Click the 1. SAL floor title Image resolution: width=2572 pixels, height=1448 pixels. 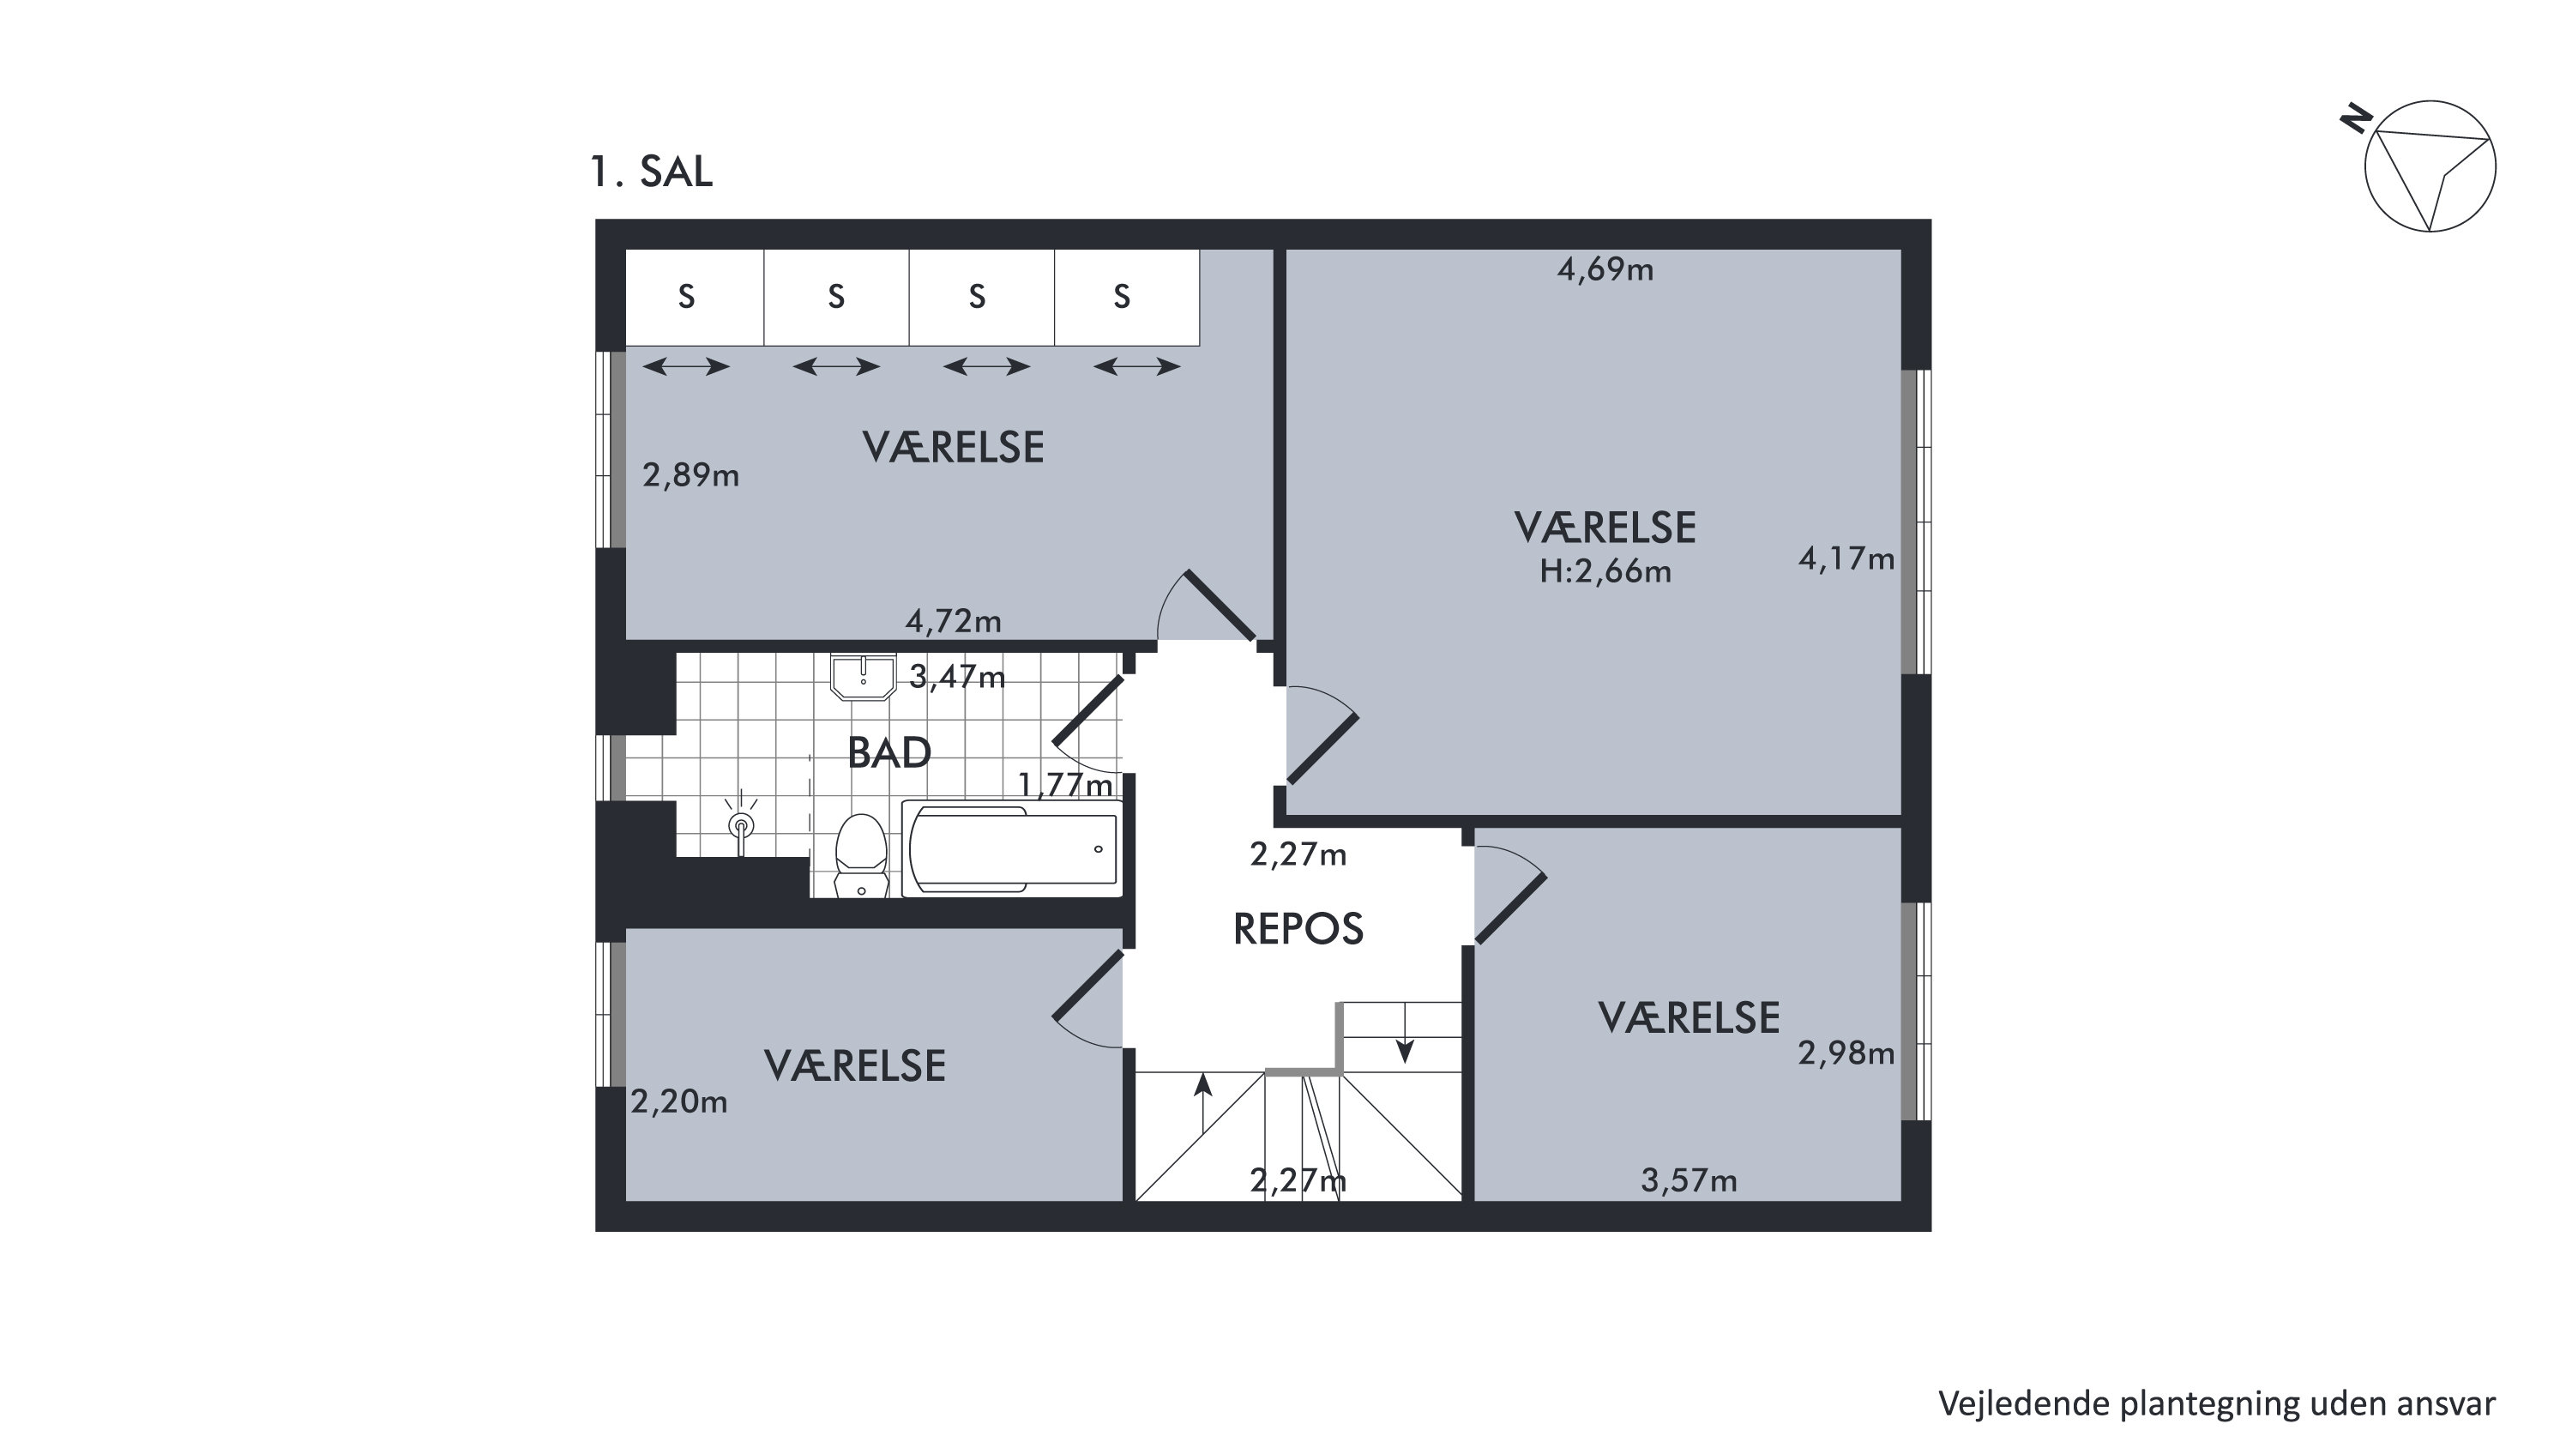(651, 172)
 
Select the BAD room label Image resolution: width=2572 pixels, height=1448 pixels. (888, 752)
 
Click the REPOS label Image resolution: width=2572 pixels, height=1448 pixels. (1298, 929)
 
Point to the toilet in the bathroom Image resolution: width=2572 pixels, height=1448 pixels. (861, 856)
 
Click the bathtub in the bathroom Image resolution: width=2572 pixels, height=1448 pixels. (1011, 849)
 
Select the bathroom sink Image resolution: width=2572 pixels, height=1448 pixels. (863, 676)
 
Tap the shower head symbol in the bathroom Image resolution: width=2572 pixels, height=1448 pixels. (741, 823)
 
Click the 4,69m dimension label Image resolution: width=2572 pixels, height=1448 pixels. (1605, 269)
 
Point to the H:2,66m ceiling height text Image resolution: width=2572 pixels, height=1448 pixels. (1605, 571)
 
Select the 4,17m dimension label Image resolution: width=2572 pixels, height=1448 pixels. (1846, 558)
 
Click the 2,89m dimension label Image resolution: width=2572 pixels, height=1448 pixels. (691, 475)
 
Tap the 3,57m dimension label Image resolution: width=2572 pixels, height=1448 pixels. (1690, 1180)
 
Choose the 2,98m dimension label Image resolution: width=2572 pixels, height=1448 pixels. (1846, 1053)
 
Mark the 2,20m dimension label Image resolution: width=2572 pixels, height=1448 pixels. (679, 1101)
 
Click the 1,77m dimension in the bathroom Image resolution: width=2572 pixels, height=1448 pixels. (1065, 785)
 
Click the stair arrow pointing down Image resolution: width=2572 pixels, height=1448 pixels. (1405, 1033)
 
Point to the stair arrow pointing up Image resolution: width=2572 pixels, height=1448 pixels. (1203, 1103)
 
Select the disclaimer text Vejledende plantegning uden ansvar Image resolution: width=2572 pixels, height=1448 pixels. (2217, 1404)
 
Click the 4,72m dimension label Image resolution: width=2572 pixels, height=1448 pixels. (954, 621)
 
